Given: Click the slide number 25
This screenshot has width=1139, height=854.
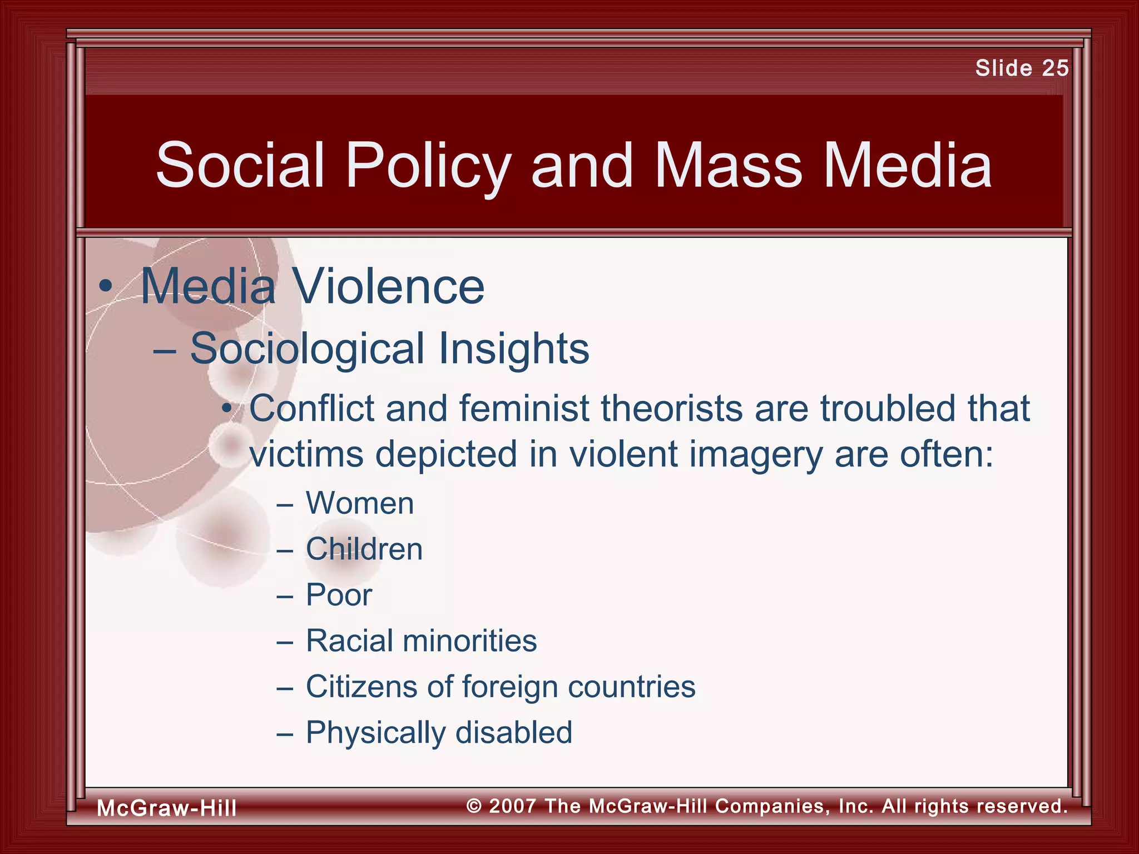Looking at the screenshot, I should click(1055, 68).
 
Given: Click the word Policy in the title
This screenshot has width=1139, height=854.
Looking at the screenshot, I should click(428, 165).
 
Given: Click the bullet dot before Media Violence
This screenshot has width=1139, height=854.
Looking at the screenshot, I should click(105, 287).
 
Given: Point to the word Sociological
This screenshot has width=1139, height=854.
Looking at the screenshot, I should click(307, 349).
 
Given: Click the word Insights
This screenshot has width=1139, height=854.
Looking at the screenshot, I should click(514, 349).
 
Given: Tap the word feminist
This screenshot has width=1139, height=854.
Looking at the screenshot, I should click(524, 409).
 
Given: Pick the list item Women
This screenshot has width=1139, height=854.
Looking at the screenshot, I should click(360, 503).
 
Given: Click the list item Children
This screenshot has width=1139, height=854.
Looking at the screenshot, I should click(364, 549).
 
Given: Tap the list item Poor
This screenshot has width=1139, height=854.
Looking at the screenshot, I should click(339, 595).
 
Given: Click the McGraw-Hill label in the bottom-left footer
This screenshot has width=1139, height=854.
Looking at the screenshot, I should click(166, 808).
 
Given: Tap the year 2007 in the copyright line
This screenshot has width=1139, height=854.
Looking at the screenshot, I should click(512, 806).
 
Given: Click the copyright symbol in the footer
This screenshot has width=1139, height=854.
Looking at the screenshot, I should click(474, 806).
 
